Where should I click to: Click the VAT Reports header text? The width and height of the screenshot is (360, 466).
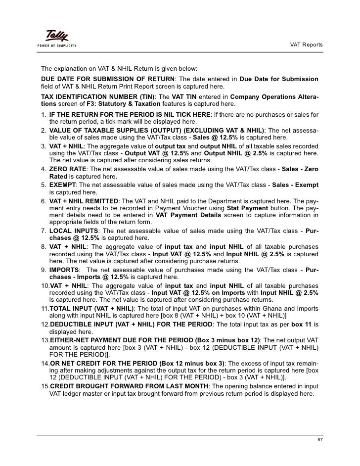(x=306, y=45)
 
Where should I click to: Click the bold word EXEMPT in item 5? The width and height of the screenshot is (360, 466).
(x=62, y=185)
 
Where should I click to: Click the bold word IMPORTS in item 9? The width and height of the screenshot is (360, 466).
(x=64, y=270)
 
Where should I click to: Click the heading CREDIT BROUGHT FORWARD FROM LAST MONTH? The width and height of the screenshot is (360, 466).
(x=129, y=386)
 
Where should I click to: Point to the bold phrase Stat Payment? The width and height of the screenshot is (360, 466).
(x=245, y=208)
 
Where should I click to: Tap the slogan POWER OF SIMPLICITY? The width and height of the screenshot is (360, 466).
(x=56, y=46)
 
